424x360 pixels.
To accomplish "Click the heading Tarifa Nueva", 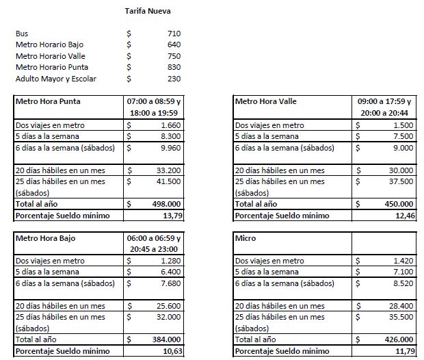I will [148, 12].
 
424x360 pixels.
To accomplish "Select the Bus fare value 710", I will [173, 34].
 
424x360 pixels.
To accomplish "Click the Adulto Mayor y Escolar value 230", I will [173, 79].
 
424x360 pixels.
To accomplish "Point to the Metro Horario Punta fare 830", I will [173, 67].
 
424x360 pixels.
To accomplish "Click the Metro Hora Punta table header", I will [47, 101].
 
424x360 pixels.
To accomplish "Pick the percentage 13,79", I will [170, 215].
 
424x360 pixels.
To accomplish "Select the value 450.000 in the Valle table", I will [399, 203].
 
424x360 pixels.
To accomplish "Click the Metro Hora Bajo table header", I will [45, 238].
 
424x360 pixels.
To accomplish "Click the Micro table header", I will [246, 238].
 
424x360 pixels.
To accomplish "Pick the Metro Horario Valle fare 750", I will [173, 56].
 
